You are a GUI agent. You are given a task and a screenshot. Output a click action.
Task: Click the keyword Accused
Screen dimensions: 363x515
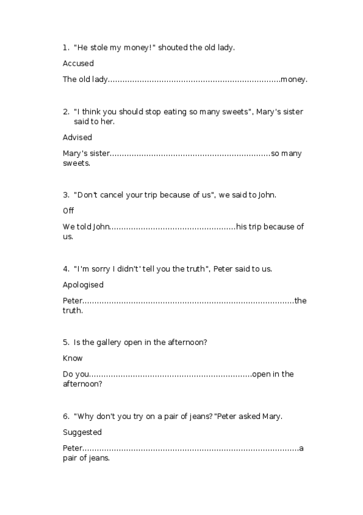(78, 63)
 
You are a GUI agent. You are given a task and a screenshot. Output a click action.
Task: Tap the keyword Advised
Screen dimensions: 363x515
(78, 137)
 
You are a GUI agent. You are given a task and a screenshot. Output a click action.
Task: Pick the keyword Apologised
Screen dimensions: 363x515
(83, 284)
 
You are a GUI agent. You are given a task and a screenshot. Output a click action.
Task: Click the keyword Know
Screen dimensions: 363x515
(73, 358)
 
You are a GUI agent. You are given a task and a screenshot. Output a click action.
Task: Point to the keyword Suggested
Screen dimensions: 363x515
(82, 432)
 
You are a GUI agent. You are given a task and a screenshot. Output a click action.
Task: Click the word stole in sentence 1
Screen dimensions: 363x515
(99, 47)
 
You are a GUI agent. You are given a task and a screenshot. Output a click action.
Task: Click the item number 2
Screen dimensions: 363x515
(65, 112)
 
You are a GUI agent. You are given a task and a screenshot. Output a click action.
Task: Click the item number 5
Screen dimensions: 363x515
(65, 343)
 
